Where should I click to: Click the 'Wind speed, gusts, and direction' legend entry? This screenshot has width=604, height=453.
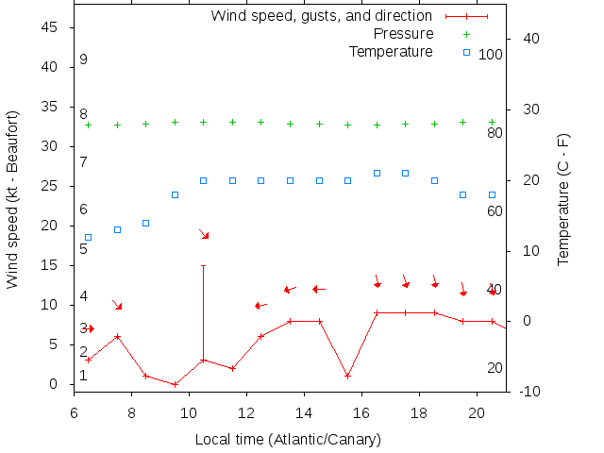click(x=321, y=16)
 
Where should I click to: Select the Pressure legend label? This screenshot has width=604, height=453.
click(x=404, y=34)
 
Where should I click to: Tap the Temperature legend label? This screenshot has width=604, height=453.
click(x=391, y=51)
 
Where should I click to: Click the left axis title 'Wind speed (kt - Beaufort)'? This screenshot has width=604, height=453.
click(x=12, y=217)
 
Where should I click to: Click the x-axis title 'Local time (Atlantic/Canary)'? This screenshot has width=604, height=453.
click(x=288, y=440)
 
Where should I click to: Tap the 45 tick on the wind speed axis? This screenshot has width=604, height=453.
click(x=51, y=28)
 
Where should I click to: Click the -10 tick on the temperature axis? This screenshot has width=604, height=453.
click(x=530, y=391)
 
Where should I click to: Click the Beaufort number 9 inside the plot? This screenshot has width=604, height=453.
click(x=84, y=59)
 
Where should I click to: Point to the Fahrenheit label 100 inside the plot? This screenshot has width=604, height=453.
click(x=491, y=55)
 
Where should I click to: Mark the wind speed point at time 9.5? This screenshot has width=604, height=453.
click(x=175, y=384)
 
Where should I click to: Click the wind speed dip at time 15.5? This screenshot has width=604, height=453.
click(x=347, y=376)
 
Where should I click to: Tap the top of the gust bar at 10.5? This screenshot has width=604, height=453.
click(x=203, y=266)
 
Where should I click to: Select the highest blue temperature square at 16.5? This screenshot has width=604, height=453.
click(x=377, y=173)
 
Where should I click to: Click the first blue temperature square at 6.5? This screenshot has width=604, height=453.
click(x=88, y=237)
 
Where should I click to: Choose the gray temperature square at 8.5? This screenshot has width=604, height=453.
click(x=145, y=223)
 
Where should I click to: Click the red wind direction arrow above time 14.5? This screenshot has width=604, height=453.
click(x=318, y=289)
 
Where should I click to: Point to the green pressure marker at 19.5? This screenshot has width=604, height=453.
click(x=462, y=122)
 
